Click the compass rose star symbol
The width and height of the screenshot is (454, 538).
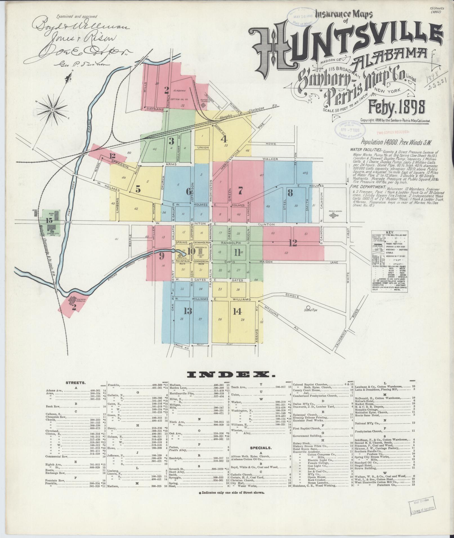click(x=53, y=109)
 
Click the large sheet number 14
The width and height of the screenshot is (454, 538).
click(x=237, y=311)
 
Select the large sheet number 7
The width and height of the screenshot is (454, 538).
click(x=240, y=191)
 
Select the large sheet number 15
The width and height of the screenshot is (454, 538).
click(x=49, y=220)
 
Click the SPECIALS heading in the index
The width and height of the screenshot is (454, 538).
click(x=261, y=455)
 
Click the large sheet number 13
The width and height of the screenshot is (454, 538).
click(x=188, y=311)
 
